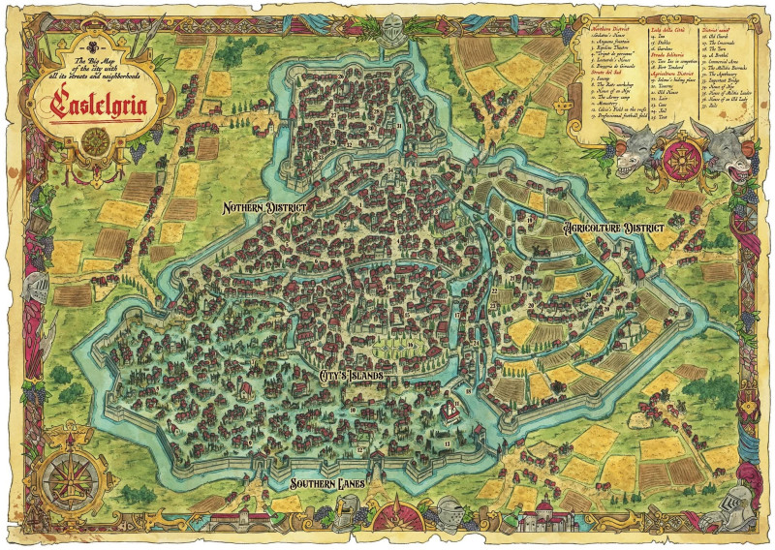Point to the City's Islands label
tap(359, 374)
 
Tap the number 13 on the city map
tap(446, 443)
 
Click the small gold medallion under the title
tap(95, 138)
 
